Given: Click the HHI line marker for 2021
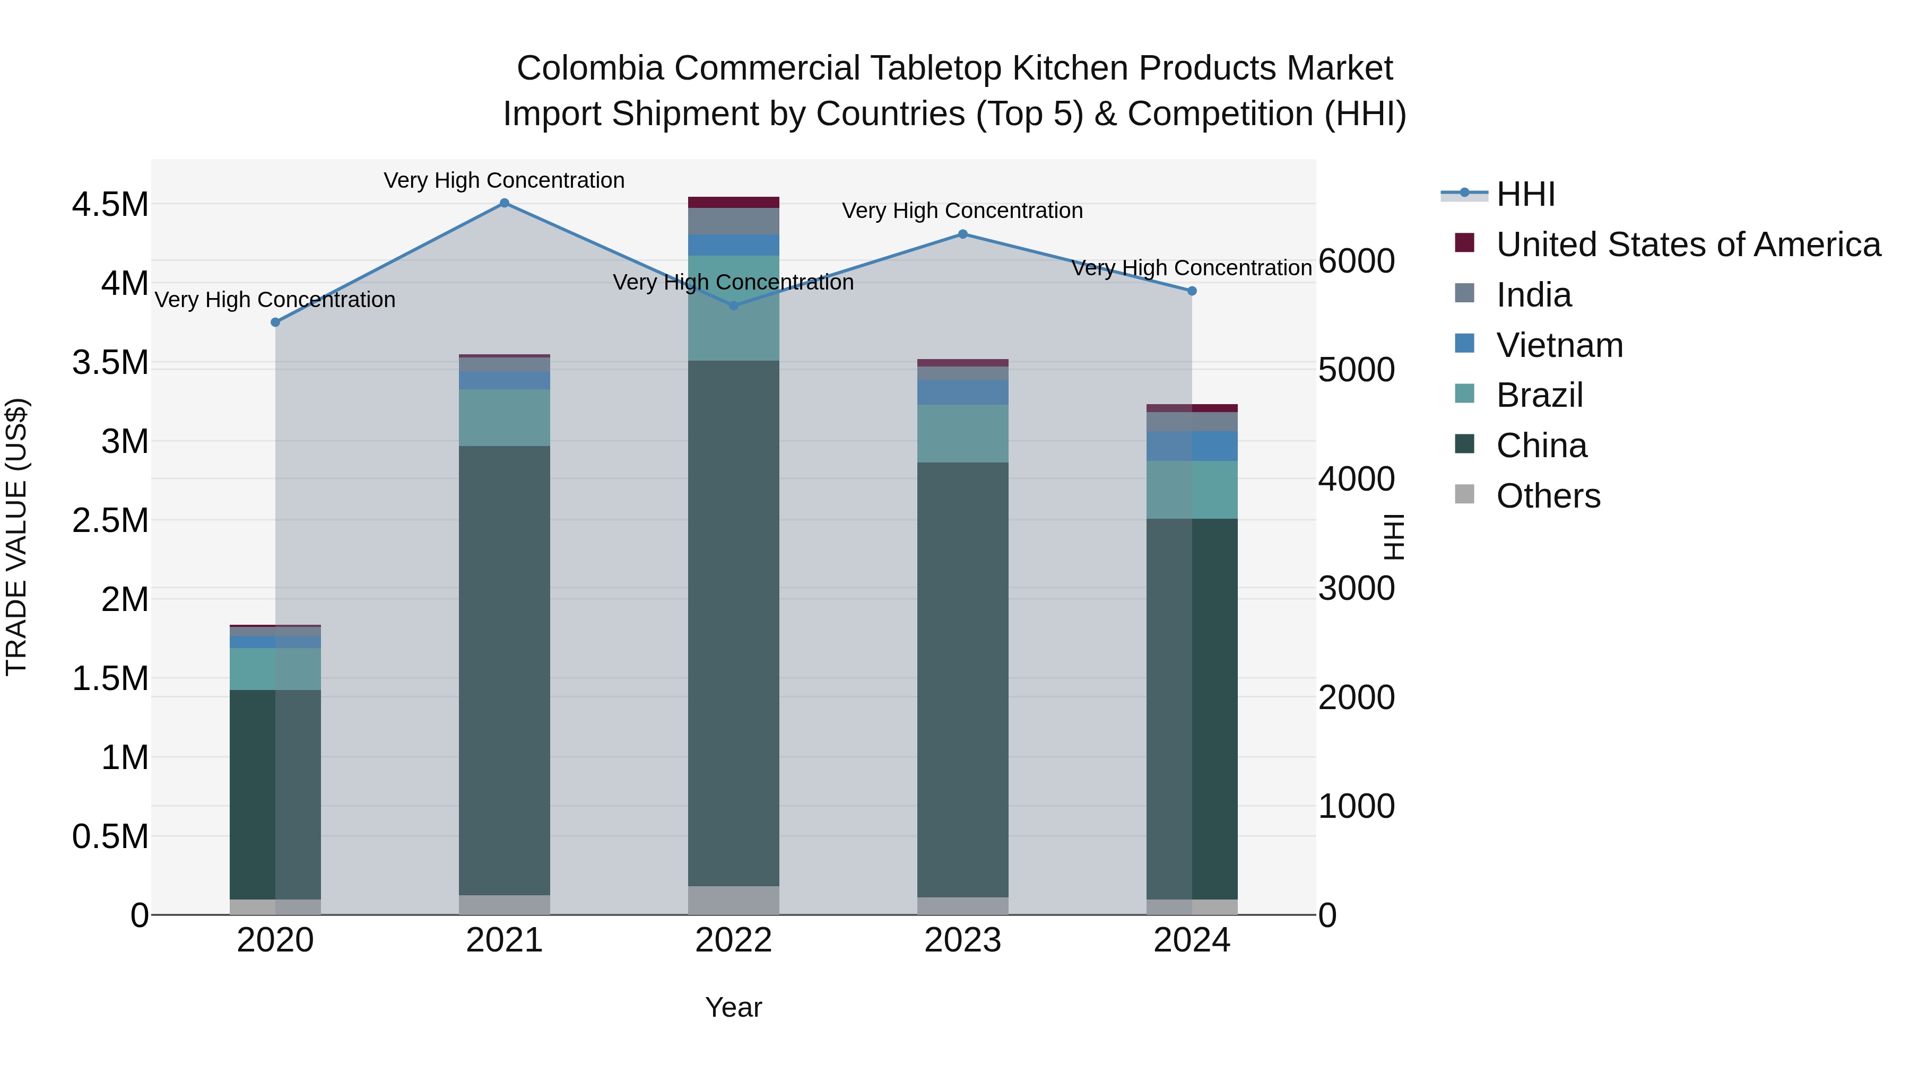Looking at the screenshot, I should pos(504,203).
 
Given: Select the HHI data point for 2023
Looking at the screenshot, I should pos(962,234).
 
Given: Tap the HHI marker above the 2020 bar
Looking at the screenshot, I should pos(275,322).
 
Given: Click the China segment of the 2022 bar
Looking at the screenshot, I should pos(733,623).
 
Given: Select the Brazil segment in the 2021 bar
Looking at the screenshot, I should pos(504,417).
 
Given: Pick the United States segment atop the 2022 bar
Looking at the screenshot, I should pos(733,203).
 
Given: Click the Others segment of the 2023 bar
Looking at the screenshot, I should pos(962,906).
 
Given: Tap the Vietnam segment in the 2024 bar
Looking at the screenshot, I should pos(1192,446).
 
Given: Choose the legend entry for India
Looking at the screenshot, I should pos(1533,295).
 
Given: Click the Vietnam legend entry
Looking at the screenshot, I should pos(1559,345).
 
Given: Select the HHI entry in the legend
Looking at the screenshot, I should pos(1525,194).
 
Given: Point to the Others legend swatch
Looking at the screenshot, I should pos(1464,494).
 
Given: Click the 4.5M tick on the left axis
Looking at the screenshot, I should pos(110,205).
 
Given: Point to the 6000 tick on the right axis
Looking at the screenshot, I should pos(1356,261).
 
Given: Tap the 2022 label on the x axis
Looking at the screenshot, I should pos(733,940).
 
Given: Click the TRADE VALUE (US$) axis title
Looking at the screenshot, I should pos(16,537).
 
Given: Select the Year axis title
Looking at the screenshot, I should pos(733,1007).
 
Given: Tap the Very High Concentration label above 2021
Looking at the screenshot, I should pos(504,180).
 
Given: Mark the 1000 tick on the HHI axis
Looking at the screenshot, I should pos(1356,806).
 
